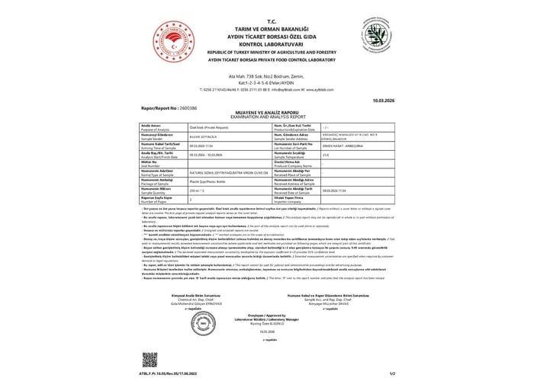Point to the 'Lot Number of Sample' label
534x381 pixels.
[x=310, y=146]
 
